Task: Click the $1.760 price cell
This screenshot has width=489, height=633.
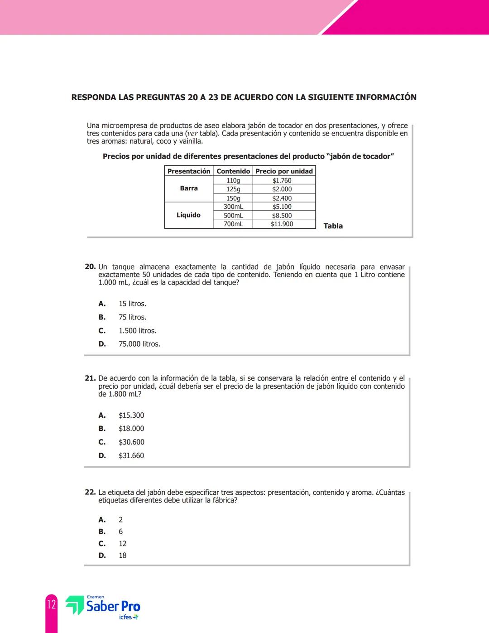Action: (x=282, y=180)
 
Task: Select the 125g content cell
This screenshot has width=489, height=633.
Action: (x=233, y=189)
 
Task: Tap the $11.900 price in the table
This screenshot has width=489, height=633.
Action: (x=282, y=224)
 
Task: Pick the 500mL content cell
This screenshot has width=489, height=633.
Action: (x=233, y=216)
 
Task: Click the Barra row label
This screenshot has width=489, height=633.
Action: (x=189, y=188)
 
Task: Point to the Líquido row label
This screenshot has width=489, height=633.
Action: (x=188, y=215)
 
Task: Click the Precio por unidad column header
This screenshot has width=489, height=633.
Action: (x=284, y=171)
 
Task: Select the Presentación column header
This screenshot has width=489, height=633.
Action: (x=189, y=171)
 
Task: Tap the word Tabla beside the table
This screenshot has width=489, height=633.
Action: (x=333, y=226)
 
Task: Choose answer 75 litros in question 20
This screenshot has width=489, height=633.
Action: (x=132, y=317)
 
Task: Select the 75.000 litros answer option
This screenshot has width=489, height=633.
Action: (x=139, y=344)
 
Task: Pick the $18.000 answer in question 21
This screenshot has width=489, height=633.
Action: (x=131, y=428)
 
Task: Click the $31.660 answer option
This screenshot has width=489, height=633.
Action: (x=131, y=455)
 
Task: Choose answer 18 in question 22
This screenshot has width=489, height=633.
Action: (x=122, y=555)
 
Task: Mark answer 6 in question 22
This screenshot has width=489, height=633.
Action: (x=120, y=532)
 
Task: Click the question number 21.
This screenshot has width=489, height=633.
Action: (x=90, y=378)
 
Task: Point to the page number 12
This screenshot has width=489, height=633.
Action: (x=51, y=604)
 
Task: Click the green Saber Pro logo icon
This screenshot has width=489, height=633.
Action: (x=74, y=605)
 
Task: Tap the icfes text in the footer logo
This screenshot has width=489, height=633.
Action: (x=125, y=617)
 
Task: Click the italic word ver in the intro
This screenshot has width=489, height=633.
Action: (x=192, y=134)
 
